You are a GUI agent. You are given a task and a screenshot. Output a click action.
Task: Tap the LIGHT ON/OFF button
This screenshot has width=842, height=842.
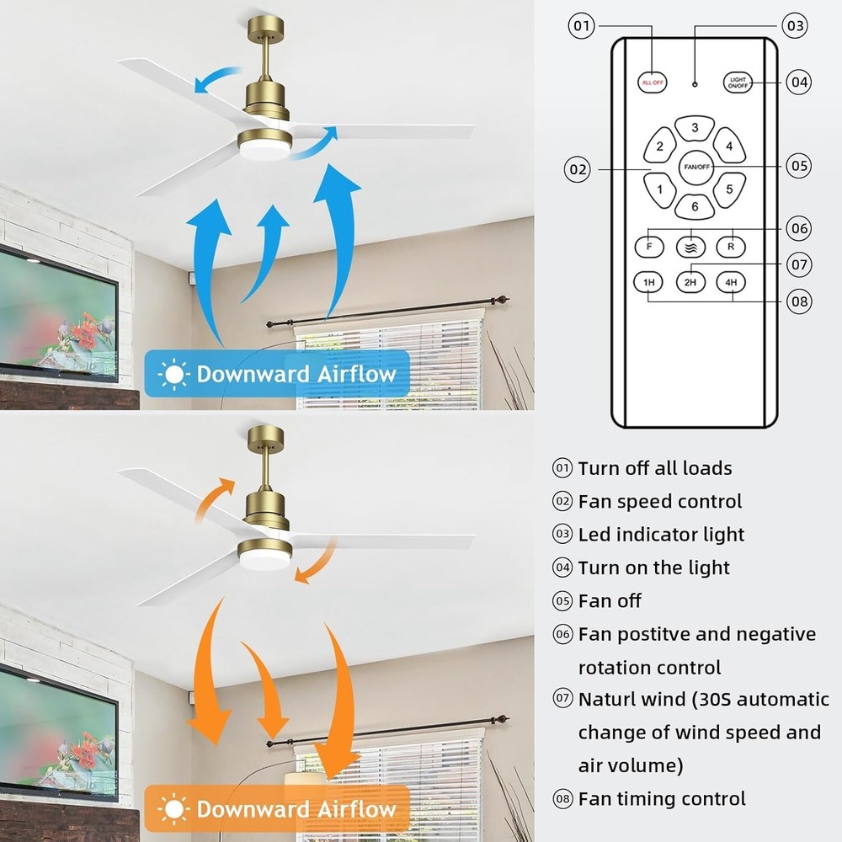(738, 83)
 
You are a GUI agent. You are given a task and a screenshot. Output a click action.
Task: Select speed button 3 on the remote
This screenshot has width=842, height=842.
(695, 128)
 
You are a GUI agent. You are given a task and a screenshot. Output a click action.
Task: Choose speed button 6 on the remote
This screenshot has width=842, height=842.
(695, 206)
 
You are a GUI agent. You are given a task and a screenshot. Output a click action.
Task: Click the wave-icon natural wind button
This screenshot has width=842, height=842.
(690, 246)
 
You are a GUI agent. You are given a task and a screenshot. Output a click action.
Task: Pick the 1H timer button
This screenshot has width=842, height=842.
(649, 282)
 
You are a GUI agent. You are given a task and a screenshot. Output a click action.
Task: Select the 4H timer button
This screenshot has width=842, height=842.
(732, 282)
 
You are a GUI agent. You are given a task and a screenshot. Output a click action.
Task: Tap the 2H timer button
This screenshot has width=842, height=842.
(690, 282)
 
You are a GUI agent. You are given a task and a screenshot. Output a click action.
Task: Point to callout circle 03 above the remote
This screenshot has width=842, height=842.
(793, 25)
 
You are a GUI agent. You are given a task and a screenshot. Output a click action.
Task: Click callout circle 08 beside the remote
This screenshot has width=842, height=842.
(800, 300)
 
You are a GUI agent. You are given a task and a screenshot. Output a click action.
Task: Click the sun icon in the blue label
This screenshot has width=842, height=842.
(173, 374)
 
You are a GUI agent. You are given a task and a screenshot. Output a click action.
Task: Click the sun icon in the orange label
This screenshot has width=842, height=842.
(173, 810)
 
